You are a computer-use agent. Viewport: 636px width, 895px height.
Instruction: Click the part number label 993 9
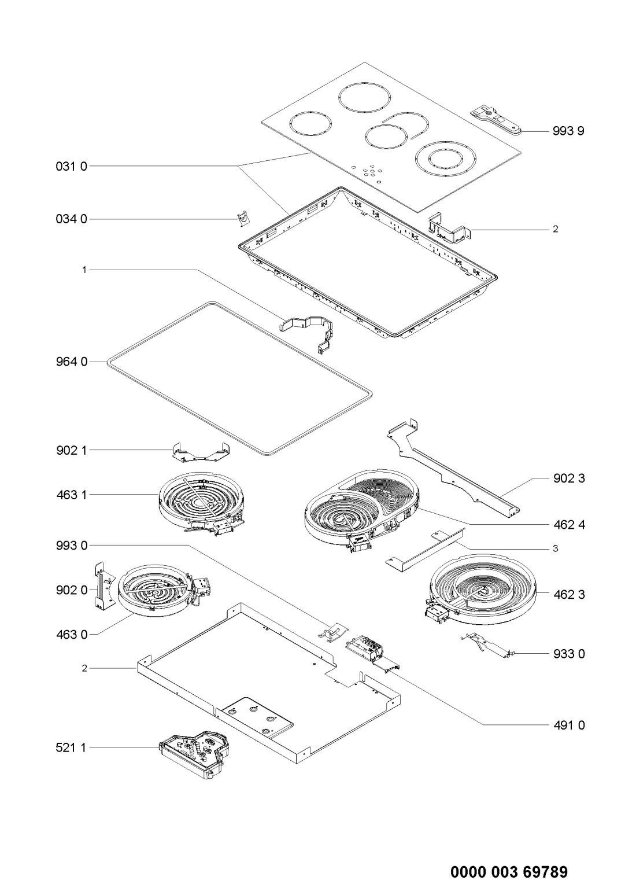[568, 131]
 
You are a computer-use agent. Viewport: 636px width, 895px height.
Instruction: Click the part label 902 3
[568, 478]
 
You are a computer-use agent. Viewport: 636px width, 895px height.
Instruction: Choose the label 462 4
[568, 525]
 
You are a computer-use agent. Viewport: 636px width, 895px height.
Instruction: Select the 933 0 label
[568, 654]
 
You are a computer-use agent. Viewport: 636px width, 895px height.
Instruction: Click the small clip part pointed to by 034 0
[244, 219]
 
